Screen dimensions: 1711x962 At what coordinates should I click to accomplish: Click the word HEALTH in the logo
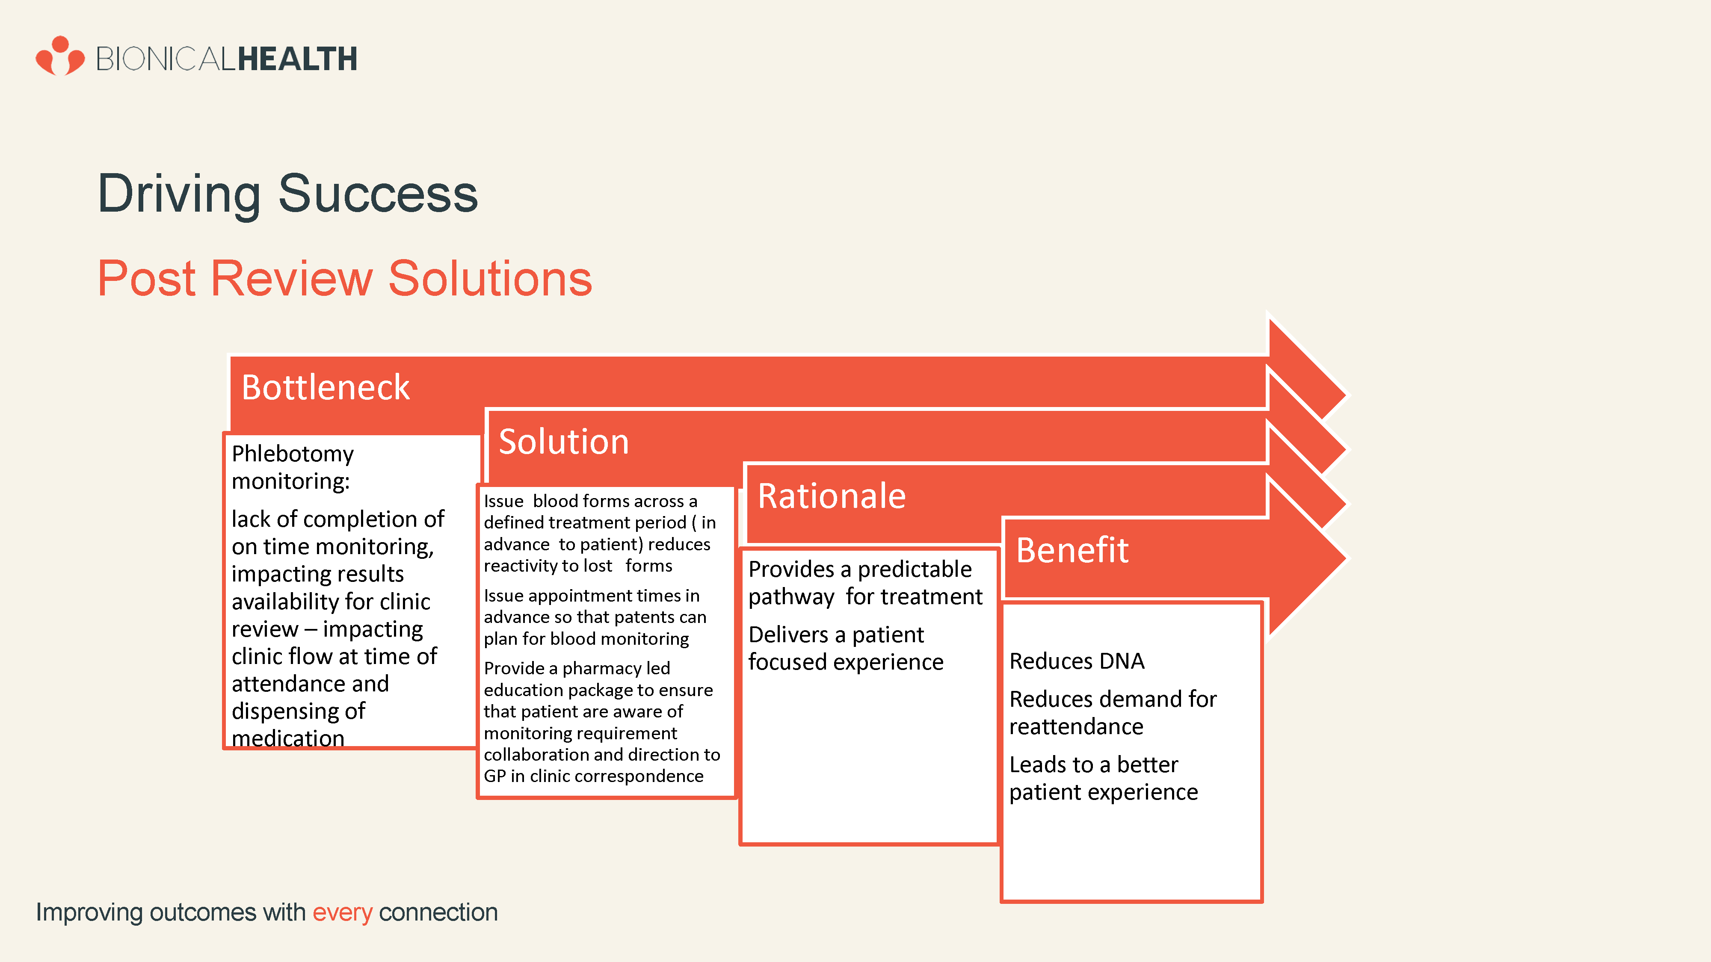(298, 59)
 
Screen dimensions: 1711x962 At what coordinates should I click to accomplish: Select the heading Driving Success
(287, 194)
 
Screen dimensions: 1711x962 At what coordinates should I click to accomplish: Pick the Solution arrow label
(563, 442)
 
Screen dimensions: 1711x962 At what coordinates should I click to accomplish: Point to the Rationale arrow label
(832, 496)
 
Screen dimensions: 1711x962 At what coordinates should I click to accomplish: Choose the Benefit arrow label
(1072, 550)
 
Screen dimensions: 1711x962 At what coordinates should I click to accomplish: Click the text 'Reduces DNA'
(1077, 661)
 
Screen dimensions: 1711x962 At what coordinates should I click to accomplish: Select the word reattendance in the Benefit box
(1076, 727)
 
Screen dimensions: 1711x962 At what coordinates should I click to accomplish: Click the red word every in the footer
(342, 913)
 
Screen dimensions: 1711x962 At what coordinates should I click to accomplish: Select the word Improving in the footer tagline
(89, 913)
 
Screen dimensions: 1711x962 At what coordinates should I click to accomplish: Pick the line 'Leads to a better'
(1093, 765)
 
